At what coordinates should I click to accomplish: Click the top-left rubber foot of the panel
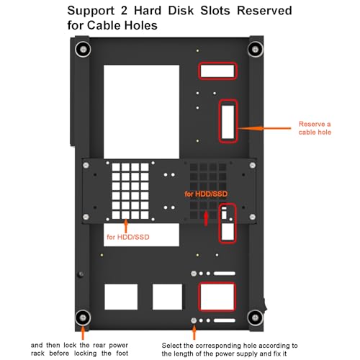point(83,50)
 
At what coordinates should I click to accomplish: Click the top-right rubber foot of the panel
point(255,50)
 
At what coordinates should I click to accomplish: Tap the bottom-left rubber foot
point(83,318)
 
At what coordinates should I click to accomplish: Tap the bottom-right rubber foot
point(255,318)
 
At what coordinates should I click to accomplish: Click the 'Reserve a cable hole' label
point(315,128)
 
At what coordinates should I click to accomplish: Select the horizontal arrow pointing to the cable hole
point(264,128)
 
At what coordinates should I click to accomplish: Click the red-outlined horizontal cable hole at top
point(217,71)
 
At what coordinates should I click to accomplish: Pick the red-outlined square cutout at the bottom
point(217,297)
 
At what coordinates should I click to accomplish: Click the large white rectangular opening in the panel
point(141,112)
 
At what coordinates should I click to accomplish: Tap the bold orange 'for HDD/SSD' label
point(206,194)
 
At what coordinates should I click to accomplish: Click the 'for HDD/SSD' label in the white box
point(128,237)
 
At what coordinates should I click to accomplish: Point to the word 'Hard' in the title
point(148,11)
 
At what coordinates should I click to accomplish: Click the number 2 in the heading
point(124,11)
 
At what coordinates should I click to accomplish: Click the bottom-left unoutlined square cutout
point(121,297)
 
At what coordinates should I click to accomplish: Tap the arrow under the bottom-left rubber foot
point(83,333)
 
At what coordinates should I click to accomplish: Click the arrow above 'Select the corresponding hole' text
point(194,332)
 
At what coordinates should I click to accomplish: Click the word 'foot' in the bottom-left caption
point(122,354)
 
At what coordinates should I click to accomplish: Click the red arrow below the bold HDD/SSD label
point(206,218)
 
